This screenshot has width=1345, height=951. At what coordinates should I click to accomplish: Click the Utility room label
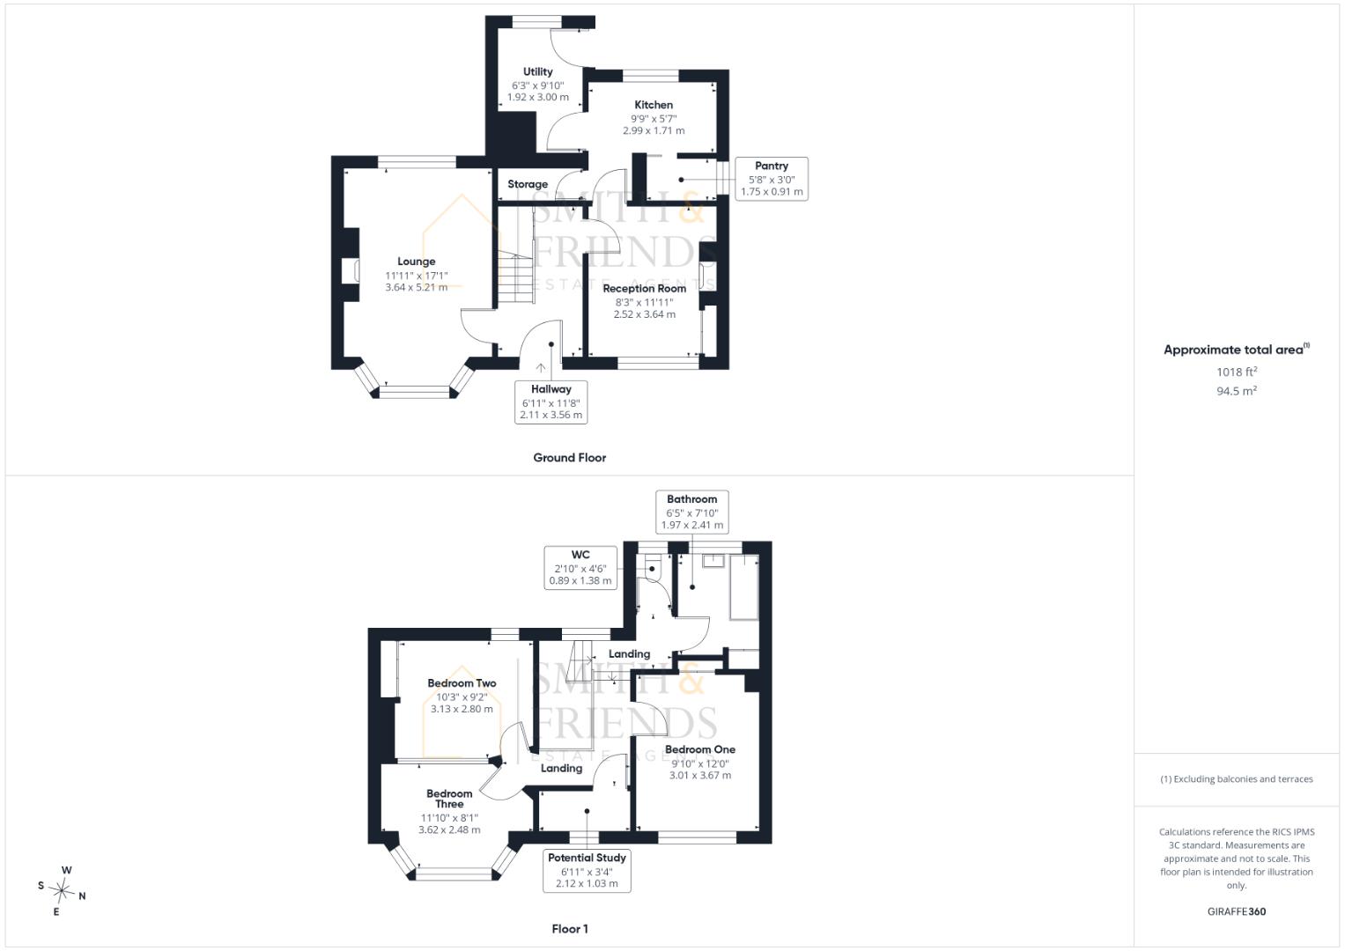click(x=537, y=71)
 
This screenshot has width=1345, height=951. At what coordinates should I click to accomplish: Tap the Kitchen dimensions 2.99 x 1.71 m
click(x=654, y=130)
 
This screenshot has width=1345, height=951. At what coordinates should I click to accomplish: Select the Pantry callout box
click(x=772, y=179)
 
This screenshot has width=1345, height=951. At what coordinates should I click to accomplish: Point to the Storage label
click(x=528, y=184)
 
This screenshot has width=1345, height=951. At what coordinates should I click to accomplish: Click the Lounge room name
click(x=416, y=262)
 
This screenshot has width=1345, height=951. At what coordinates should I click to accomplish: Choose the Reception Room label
click(x=644, y=288)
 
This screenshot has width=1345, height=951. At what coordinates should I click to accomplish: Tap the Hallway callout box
click(x=551, y=402)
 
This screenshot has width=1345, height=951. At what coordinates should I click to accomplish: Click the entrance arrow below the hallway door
click(x=541, y=368)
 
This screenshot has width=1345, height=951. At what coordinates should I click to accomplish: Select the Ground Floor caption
click(x=569, y=458)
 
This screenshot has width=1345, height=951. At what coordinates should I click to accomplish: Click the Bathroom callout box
click(x=691, y=512)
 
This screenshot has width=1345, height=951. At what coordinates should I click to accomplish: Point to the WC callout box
click(x=580, y=567)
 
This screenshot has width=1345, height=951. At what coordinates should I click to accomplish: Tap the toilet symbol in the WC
click(x=652, y=567)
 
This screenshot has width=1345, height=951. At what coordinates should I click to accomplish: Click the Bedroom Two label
click(x=462, y=683)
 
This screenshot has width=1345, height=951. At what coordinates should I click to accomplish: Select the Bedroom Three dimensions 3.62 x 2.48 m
click(x=449, y=829)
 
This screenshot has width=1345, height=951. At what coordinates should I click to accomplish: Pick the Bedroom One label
click(x=700, y=749)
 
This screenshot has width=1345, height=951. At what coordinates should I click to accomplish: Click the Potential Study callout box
click(x=587, y=871)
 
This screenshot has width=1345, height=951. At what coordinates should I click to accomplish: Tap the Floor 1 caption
click(x=570, y=929)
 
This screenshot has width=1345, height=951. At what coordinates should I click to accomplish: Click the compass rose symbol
click(x=62, y=890)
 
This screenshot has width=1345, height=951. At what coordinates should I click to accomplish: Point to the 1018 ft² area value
click(x=1237, y=372)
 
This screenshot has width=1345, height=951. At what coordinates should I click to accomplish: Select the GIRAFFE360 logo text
click(x=1237, y=911)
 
